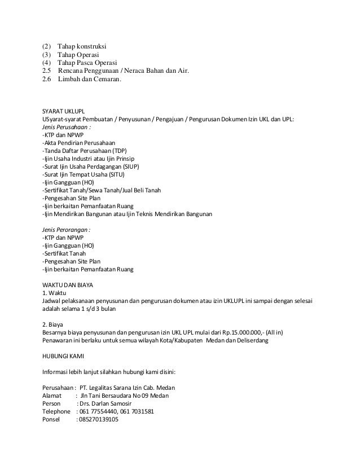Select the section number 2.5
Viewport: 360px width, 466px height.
pyautogui.click(x=46, y=71)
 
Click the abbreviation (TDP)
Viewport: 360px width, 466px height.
pyautogui.click(x=120, y=152)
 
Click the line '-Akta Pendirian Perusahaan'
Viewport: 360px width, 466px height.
pyautogui.click(x=79, y=144)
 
